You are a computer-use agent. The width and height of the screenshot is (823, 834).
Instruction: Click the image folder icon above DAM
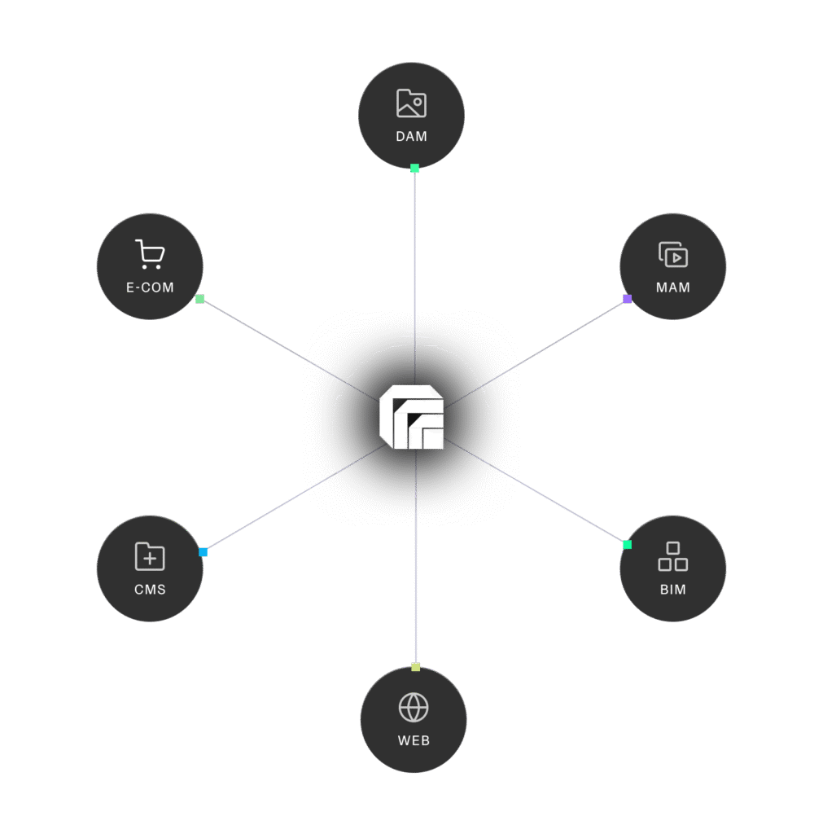click(411, 103)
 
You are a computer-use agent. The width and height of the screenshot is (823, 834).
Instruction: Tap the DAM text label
click(411, 137)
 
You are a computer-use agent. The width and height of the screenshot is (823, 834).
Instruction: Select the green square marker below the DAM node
click(414, 169)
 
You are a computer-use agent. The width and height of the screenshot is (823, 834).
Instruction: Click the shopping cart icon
click(150, 254)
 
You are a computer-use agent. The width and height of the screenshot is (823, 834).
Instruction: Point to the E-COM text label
click(150, 288)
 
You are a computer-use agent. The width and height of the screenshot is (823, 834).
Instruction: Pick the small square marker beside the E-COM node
click(199, 299)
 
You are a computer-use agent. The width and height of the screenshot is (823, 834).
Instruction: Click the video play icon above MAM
click(673, 255)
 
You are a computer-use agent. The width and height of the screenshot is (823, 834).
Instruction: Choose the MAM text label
click(673, 288)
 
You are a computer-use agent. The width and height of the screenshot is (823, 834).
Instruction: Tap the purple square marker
click(627, 299)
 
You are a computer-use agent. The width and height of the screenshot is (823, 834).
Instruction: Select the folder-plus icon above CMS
click(150, 557)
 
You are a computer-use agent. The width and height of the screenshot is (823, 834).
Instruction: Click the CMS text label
click(150, 590)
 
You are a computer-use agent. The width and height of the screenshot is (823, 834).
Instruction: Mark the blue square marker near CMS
click(203, 552)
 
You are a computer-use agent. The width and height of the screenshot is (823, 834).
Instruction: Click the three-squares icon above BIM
click(673, 556)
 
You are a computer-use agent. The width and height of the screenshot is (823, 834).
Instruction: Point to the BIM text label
click(673, 590)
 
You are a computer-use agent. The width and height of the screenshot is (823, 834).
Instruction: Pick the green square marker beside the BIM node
click(627, 544)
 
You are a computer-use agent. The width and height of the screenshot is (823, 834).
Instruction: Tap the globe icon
click(414, 707)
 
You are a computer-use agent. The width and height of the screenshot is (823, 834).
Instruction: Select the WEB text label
click(414, 741)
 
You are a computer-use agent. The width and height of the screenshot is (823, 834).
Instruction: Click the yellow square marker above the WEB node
click(415, 667)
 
